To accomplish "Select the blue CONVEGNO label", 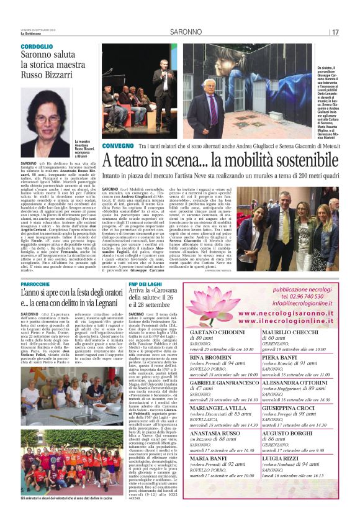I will [117, 145].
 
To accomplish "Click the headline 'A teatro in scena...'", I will [217, 160].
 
